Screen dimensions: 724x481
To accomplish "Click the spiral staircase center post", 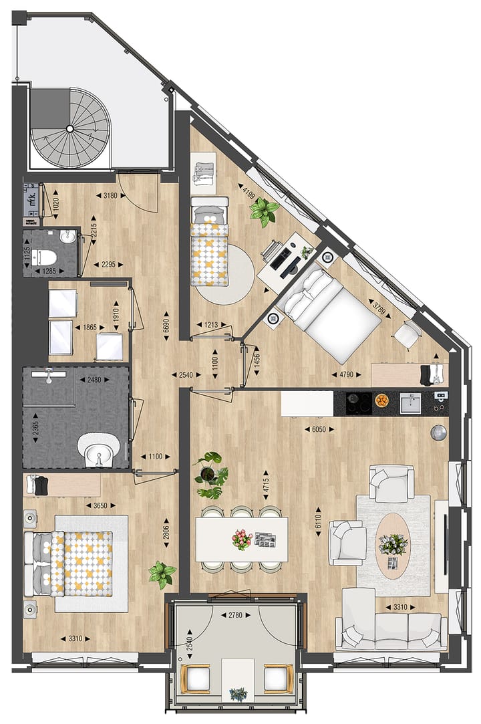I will click(x=69, y=131).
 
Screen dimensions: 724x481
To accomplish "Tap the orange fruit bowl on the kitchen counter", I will click(x=381, y=401).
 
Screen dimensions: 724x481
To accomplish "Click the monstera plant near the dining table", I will click(x=210, y=475).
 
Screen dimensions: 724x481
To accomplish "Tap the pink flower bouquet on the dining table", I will click(x=241, y=538).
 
